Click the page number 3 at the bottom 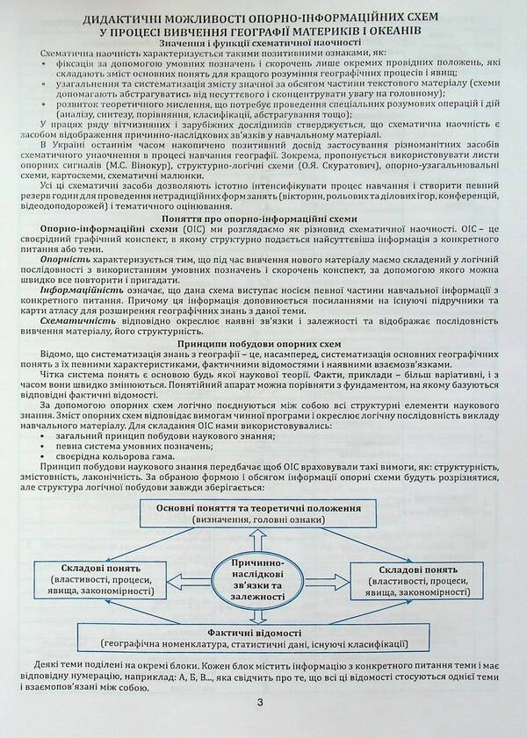261,702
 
